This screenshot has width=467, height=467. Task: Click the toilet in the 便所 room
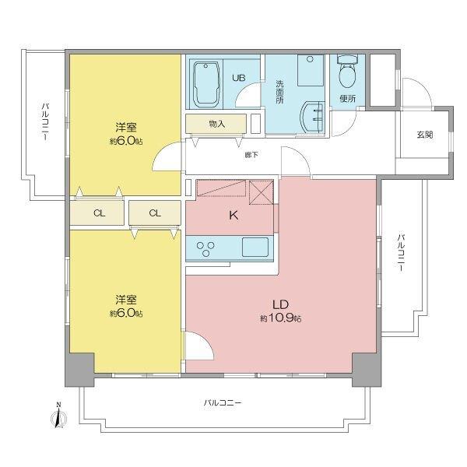click(x=347, y=76)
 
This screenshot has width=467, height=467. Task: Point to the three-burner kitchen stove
click(x=208, y=248)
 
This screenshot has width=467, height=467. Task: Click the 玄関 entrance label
click(x=424, y=134)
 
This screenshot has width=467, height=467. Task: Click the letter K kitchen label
click(x=231, y=217)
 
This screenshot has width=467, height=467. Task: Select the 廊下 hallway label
click(x=251, y=154)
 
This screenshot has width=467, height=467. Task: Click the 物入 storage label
click(x=217, y=123)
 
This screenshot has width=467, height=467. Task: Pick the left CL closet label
click(x=99, y=212)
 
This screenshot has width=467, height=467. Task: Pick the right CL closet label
click(x=156, y=212)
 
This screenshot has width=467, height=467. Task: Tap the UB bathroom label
click(x=241, y=78)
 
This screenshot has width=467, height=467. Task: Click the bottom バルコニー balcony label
click(x=223, y=402)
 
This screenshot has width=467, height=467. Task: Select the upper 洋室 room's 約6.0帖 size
click(x=126, y=141)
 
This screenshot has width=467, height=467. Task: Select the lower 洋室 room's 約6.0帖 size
click(x=126, y=313)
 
